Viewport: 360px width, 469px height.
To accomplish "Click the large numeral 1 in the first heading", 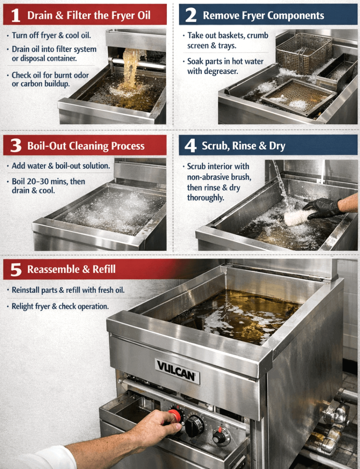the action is click(16, 15).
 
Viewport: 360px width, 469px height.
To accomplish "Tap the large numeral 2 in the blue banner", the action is click(191, 15).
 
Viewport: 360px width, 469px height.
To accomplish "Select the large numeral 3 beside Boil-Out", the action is click(16, 145).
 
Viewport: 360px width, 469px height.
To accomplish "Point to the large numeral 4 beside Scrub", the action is click(190, 146).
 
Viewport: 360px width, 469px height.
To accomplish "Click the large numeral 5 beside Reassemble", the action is click(16, 270).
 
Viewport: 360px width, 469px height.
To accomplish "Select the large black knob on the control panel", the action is click(194, 424).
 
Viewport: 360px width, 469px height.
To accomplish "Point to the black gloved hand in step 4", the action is click(322, 208).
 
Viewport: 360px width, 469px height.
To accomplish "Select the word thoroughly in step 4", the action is click(206, 197).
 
